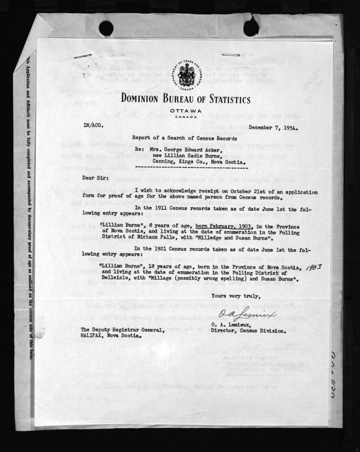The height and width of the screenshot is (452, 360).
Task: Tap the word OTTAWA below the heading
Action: point(185,110)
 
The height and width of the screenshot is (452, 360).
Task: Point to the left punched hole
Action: point(106,28)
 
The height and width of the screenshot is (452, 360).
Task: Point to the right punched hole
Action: point(251,28)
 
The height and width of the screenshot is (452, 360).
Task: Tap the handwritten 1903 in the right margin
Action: point(314,267)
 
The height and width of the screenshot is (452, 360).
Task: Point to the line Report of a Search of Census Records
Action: point(184,138)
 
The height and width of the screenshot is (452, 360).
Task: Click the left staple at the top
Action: point(83,56)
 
